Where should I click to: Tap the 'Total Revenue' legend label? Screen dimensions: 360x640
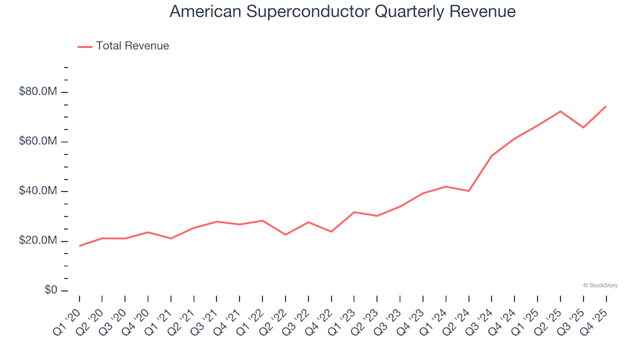click(132, 46)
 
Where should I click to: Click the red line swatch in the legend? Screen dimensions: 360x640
click(85, 46)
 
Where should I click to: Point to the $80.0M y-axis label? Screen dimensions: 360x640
click(39, 92)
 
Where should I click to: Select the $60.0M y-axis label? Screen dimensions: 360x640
click(39, 142)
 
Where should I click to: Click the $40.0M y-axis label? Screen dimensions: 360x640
click(39, 191)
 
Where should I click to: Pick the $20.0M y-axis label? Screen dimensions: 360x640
click(39, 241)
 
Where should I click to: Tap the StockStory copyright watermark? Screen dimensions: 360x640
click(600, 285)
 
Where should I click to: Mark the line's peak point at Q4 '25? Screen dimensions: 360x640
click(605, 106)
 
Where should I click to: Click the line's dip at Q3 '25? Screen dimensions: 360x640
click(583, 127)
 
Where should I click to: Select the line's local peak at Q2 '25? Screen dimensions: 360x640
click(560, 111)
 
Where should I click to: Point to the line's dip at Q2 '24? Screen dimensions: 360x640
click(469, 191)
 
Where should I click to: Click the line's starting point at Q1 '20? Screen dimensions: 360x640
click(79, 246)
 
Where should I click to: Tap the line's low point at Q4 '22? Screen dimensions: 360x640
click(331, 231)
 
